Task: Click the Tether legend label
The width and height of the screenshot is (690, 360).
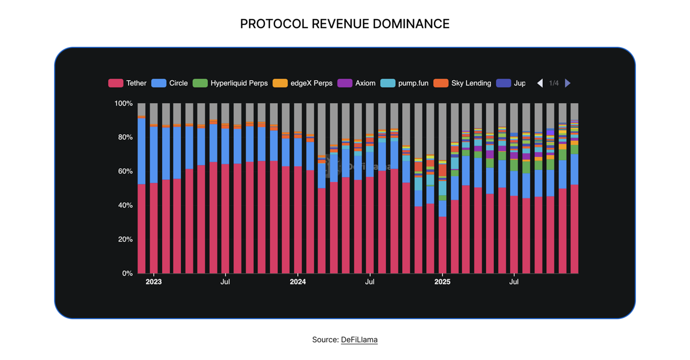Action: (x=136, y=83)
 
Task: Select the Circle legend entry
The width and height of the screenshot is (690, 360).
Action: (x=178, y=83)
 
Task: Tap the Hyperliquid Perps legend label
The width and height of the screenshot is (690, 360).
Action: (x=239, y=83)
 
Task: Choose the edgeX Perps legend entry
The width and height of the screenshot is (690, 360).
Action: (x=311, y=83)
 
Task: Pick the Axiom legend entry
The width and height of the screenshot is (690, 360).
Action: (x=365, y=83)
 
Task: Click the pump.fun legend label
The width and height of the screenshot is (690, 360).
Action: (x=413, y=83)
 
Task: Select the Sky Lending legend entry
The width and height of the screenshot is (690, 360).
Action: (x=471, y=83)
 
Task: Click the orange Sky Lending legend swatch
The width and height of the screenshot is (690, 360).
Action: (x=440, y=83)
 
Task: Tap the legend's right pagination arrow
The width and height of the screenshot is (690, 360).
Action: (x=568, y=83)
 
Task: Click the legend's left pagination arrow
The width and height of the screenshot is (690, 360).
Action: (x=540, y=83)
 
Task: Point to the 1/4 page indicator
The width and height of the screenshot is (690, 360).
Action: (x=554, y=83)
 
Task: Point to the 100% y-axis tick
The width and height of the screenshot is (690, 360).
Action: (x=123, y=104)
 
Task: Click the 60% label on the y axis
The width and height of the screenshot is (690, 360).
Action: (x=125, y=172)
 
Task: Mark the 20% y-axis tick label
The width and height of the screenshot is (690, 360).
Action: (x=125, y=240)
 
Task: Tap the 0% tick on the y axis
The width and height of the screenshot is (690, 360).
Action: (x=127, y=274)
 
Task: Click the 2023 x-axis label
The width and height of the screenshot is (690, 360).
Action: (x=153, y=282)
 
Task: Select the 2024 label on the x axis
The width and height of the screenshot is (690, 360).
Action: (x=298, y=282)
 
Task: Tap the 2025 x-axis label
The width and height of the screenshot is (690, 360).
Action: (x=442, y=282)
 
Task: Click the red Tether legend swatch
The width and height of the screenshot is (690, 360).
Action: (x=115, y=83)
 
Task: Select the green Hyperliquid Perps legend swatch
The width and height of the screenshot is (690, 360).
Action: (x=200, y=83)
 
